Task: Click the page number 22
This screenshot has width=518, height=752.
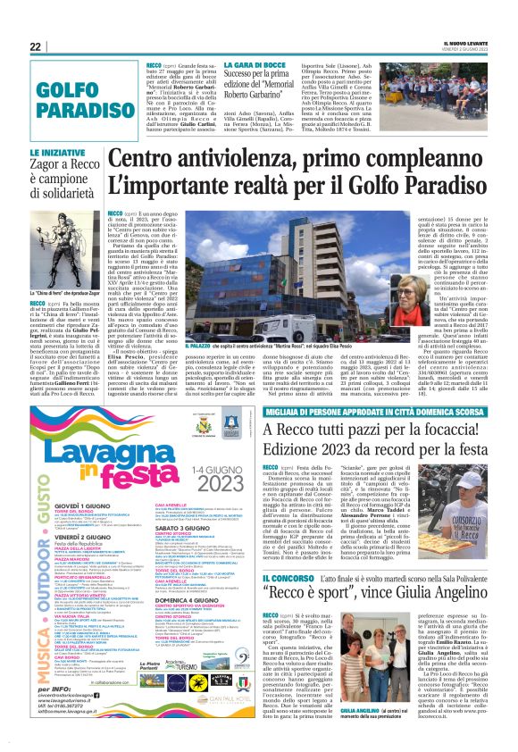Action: (35, 46)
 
